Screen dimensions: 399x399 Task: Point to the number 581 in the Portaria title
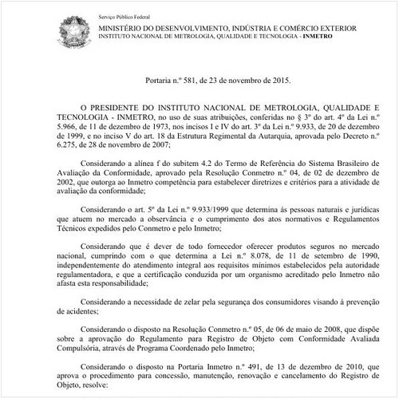(182, 81)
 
